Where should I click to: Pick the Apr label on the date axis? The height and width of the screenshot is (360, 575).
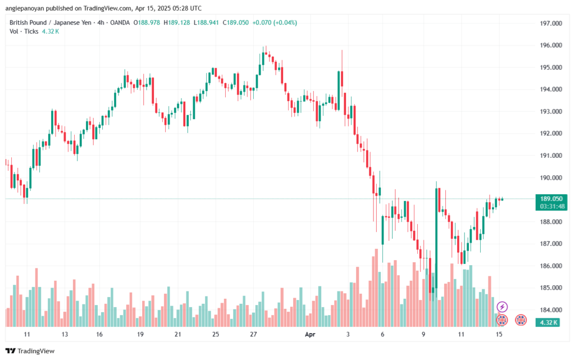pyautogui.click(x=309, y=334)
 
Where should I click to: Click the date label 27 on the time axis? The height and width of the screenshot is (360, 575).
pyautogui.click(x=253, y=334)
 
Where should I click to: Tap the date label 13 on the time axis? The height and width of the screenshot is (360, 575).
pyautogui.click(x=65, y=334)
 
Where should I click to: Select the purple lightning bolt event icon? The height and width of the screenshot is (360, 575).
pyautogui.click(x=503, y=307)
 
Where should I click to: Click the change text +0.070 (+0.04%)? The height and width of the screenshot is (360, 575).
pyautogui.click(x=275, y=22)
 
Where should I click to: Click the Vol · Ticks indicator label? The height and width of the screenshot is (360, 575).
pyautogui.click(x=24, y=31)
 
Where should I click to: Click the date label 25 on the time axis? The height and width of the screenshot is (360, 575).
pyautogui.click(x=216, y=334)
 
